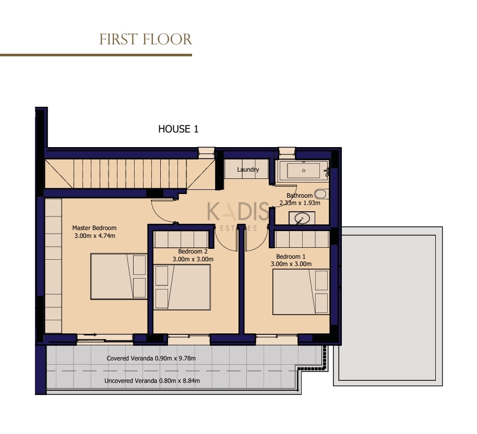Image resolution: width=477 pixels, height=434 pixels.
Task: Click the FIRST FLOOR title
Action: click(146, 40)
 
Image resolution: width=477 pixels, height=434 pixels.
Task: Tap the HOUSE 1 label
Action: click(178, 129)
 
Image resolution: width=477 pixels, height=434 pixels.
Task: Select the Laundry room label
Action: click(248, 170)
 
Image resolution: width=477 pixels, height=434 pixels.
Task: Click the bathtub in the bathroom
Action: click(303, 171)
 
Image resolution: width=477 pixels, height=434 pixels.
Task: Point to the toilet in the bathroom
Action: click(321, 194)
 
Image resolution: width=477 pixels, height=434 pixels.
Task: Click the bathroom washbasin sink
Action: click(302, 218)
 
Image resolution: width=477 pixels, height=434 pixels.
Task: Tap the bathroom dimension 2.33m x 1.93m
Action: click(300, 203)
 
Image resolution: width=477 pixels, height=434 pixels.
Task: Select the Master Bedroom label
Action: click(94, 228)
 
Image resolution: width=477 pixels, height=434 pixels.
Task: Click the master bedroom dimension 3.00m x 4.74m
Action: click(94, 236)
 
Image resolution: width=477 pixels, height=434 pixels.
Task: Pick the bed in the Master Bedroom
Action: click(118, 276)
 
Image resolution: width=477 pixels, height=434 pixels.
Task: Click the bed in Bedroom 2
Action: click(182, 287)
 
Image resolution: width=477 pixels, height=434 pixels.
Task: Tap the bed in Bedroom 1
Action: click(301, 292)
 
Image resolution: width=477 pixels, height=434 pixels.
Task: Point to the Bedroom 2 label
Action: click(193, 251)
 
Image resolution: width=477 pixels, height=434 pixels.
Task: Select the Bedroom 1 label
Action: click(291, 257)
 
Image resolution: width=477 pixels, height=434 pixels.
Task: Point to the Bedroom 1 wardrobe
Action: click(302, 239)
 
